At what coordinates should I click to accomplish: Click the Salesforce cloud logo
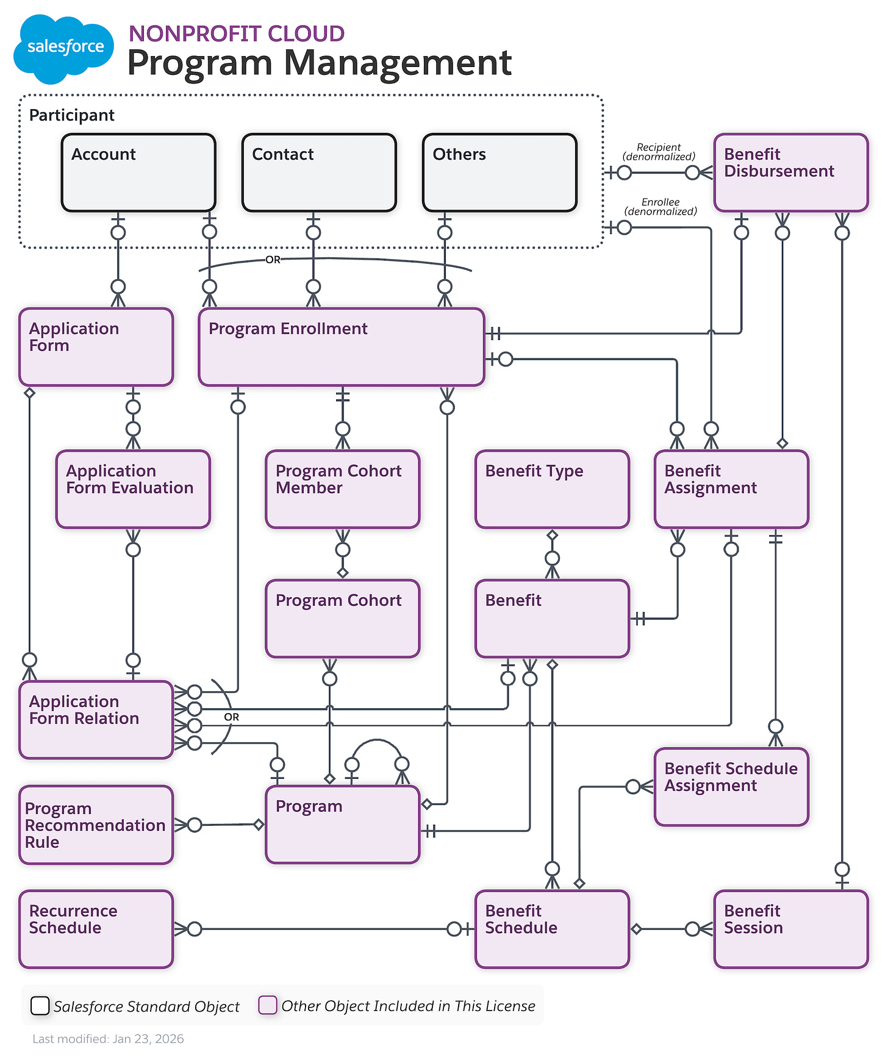point(63,48)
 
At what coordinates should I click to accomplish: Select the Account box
point(138,172)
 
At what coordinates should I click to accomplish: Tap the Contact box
point(319,172)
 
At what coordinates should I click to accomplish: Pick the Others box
point(500,172)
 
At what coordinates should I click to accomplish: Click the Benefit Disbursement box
point(791,172)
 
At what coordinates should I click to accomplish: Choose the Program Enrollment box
point(342,347)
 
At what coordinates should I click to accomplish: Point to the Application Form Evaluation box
point(133,489)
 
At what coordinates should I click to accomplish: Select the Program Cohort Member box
point(343,489)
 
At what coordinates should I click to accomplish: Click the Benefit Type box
point(552,489)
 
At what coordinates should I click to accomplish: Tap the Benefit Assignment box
point(731,489)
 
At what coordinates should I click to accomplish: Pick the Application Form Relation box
point(96,720)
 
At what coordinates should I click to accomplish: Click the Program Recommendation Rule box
point(96,825)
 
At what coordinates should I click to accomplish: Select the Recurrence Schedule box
point(96,929)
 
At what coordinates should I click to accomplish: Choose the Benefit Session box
point(791,929)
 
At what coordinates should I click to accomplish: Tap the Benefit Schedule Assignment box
point(731,787)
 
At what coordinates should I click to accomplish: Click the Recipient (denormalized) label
point(659,152)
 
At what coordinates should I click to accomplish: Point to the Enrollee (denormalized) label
point(661,207)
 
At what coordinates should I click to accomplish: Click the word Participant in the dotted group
point(72,115)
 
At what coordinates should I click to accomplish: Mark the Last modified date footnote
point(108,1038)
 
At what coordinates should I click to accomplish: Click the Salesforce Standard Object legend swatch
point(40,1005)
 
